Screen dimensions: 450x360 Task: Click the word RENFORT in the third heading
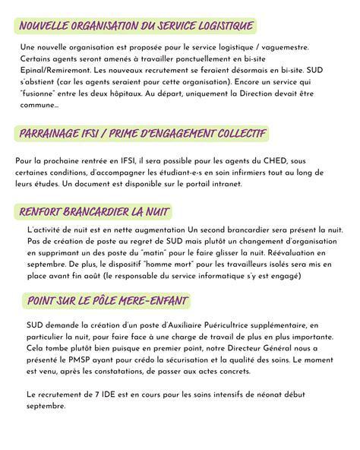[43, 211]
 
